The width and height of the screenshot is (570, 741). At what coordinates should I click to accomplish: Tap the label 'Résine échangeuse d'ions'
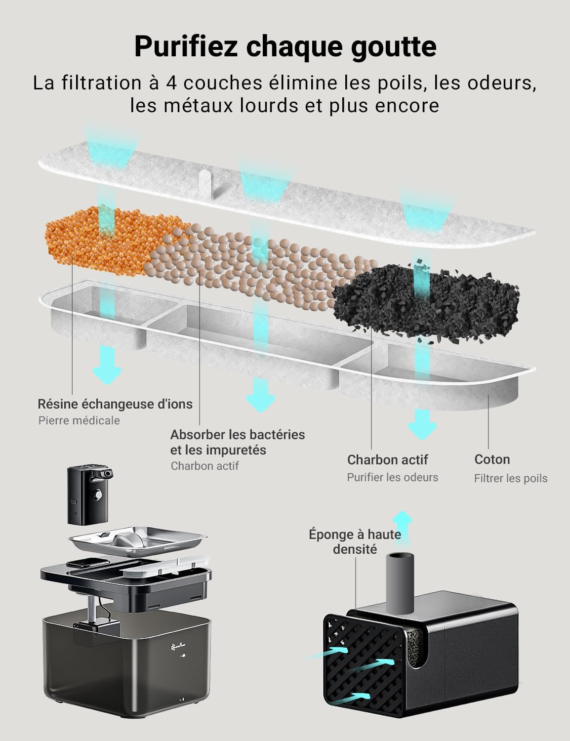pos(115,404)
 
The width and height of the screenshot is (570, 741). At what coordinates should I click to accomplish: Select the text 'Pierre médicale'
pos(79,420)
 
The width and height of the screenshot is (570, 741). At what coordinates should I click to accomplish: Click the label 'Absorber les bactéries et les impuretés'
pos(237,442)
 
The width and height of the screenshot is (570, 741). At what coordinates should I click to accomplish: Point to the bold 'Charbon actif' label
pos(387,460)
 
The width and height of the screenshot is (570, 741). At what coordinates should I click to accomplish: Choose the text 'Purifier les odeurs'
pos(392,477)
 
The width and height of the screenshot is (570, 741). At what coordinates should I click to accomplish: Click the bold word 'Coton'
pos(492,459)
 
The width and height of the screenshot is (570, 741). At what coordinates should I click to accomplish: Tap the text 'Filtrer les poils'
pos(511,478)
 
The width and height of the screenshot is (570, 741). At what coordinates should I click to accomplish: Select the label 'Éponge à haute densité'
pos(355,541)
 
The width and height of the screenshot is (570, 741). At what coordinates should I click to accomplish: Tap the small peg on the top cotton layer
pos(205,184)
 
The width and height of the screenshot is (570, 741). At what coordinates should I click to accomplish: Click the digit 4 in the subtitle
pos(172,83)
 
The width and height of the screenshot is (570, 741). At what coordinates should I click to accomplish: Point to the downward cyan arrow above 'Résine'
pos(107,365)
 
